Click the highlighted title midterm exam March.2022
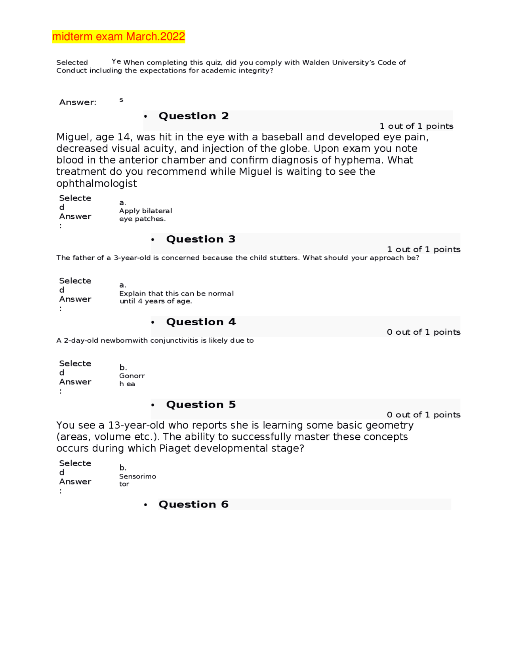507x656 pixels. pos(118,37)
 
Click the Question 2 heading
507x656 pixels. pos(193,116)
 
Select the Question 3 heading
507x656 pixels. pos(200,239)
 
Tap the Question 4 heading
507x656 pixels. pos(200,322)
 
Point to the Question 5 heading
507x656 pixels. pos(200,405)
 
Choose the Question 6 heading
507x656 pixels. pos(193,505)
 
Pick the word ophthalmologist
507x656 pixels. pos(96,183)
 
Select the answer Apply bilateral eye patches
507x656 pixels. pos(145,215)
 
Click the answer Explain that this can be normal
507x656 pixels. pos(176,294)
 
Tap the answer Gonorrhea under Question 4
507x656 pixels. pos(132,379)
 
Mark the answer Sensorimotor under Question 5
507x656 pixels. pos(137,480)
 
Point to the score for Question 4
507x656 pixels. pos(423,332)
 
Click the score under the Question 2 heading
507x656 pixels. pos(416,126)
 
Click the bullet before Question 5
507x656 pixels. pos(153,405)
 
